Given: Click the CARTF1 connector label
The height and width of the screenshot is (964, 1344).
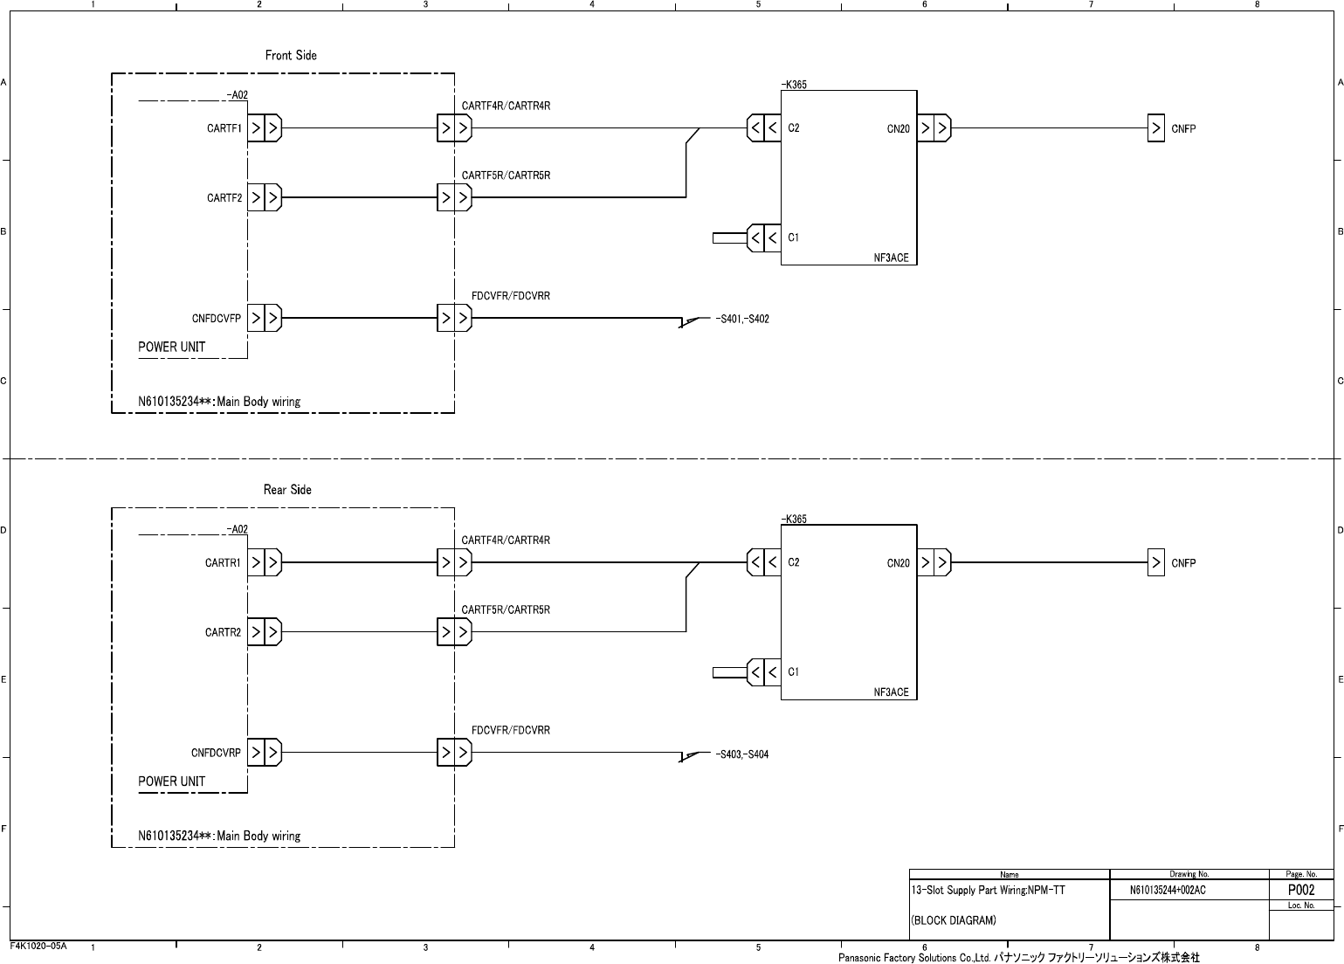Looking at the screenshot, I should pos(224,128).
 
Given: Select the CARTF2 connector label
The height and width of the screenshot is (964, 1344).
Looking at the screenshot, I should pos(224,198).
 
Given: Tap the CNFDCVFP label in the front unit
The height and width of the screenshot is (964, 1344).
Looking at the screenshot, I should pos(216,319).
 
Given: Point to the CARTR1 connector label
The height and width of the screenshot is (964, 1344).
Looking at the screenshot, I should pos(223,563).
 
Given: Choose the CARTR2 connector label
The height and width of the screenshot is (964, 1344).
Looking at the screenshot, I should pos(223,632).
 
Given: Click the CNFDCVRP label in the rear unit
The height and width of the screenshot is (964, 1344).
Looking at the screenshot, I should pos(216,753).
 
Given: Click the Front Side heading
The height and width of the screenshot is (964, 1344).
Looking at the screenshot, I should pos(291,55).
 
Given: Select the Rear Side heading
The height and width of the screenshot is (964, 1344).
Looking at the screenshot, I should pos(287,490).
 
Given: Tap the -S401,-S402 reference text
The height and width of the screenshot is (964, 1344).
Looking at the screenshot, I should pos(741,319).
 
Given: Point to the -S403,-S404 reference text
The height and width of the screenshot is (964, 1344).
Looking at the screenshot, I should pos(741,754).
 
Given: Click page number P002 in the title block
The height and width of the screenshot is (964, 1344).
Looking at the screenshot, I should pos(1301,890).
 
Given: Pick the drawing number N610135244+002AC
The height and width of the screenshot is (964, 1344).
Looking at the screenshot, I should pos(1168,891).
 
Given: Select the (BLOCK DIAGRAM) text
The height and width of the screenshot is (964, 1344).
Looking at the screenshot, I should pos(953,920).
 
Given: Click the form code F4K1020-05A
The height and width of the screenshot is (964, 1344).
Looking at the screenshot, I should pos(38,946).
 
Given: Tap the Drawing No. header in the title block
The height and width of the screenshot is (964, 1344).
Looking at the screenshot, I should pos(1189,874).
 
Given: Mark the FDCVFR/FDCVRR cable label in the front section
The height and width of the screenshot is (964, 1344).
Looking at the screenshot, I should pos(511,296).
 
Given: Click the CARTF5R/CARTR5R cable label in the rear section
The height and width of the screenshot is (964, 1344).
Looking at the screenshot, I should pos(506,609).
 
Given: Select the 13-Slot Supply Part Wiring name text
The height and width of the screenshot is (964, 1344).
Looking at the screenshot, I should pos(988,891).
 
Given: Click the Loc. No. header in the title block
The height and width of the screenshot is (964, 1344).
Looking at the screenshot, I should pos(1301,905).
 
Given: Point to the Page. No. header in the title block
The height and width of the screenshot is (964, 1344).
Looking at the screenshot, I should pos(1301,874).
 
